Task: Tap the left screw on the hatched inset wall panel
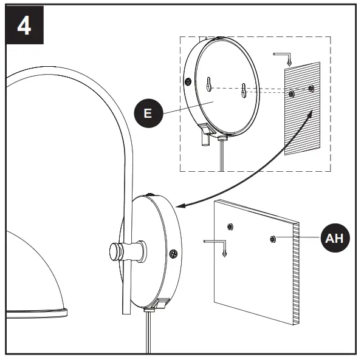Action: [x=292, y=93]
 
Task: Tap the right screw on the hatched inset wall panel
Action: [x=312, y=89]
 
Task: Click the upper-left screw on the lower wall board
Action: [x=230, y=227]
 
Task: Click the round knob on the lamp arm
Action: [x=114, y=250]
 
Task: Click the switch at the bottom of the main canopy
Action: [x=163, y=304]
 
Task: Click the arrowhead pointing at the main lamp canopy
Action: [x=184, y=206]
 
